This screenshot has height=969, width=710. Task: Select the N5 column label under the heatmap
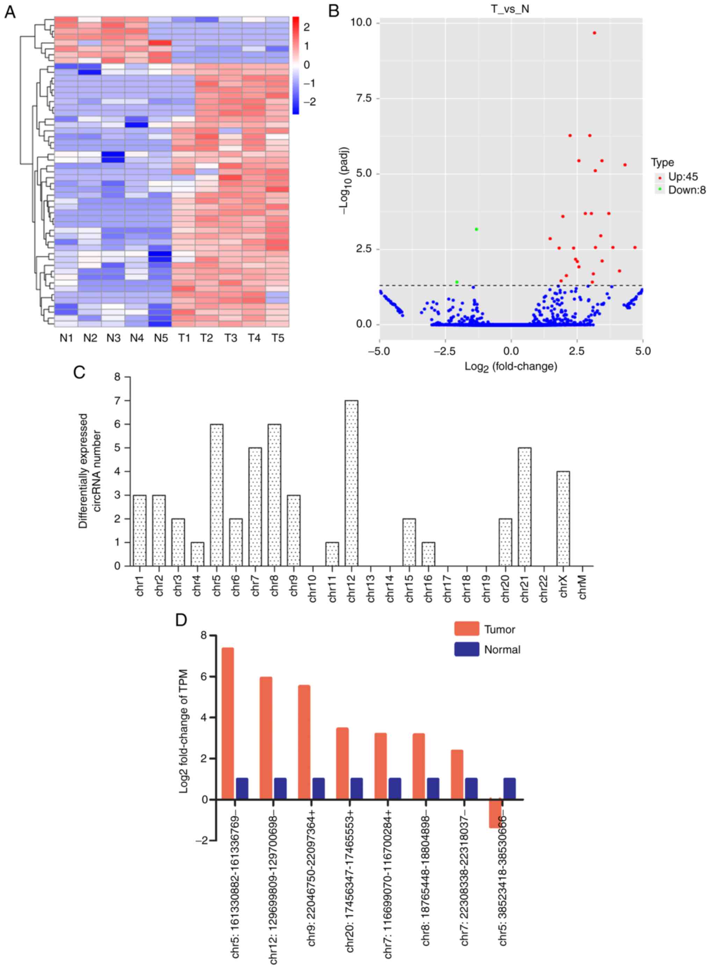[x=160, y=339]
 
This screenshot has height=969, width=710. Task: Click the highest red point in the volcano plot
[x=594, y=32]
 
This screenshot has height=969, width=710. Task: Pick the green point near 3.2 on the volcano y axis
[x=476, y=229]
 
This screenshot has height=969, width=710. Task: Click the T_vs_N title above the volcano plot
[x=510, y=9]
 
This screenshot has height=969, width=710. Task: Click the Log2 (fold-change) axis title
[x=510, y=367]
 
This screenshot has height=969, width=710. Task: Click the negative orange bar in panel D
[x=495, y=813]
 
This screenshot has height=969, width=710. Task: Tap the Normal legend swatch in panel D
[x=466, y=649]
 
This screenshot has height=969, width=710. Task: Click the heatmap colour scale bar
[x=295, y=65]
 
